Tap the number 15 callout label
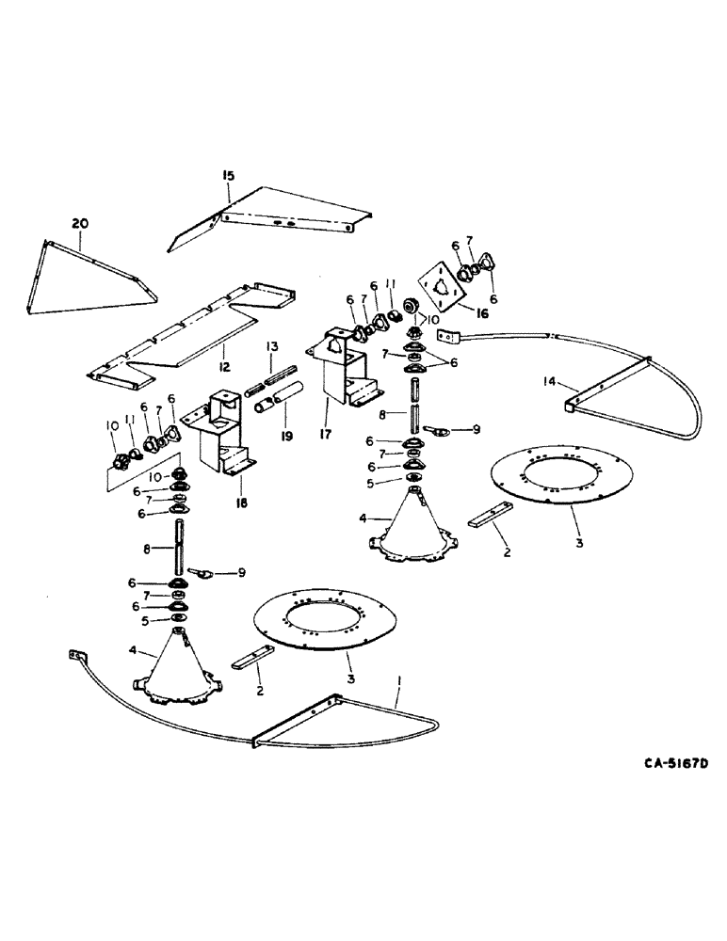(x=228, y=176)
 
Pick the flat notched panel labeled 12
(x=188, y=329)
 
